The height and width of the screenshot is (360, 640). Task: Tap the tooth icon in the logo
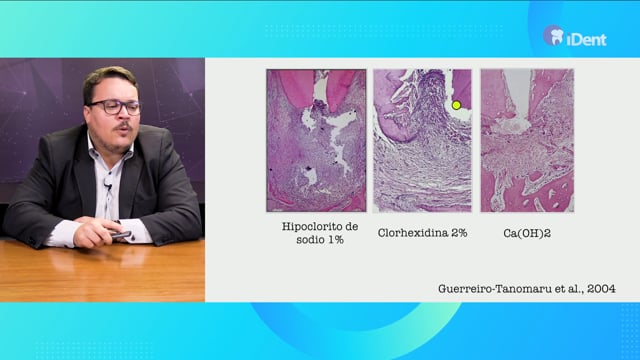[557, 37]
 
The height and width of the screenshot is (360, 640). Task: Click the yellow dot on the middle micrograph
[456, 105]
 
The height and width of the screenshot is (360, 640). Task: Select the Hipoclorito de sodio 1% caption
[320, 233]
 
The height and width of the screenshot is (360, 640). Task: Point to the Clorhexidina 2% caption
[422, 233]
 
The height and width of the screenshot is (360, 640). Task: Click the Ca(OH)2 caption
[527, 233]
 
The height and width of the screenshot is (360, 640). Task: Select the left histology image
[316, 140]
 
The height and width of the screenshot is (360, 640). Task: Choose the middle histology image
[422, 140]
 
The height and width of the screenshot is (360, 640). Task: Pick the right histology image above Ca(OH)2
[527, 140]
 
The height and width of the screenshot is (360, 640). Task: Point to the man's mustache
[123, 127]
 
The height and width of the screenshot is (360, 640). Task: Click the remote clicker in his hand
[122, 235]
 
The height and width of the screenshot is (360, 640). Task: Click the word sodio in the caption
[311, 240]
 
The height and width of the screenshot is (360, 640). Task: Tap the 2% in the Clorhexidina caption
[459, 233]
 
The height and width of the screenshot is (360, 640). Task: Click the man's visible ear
[87, 114]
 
